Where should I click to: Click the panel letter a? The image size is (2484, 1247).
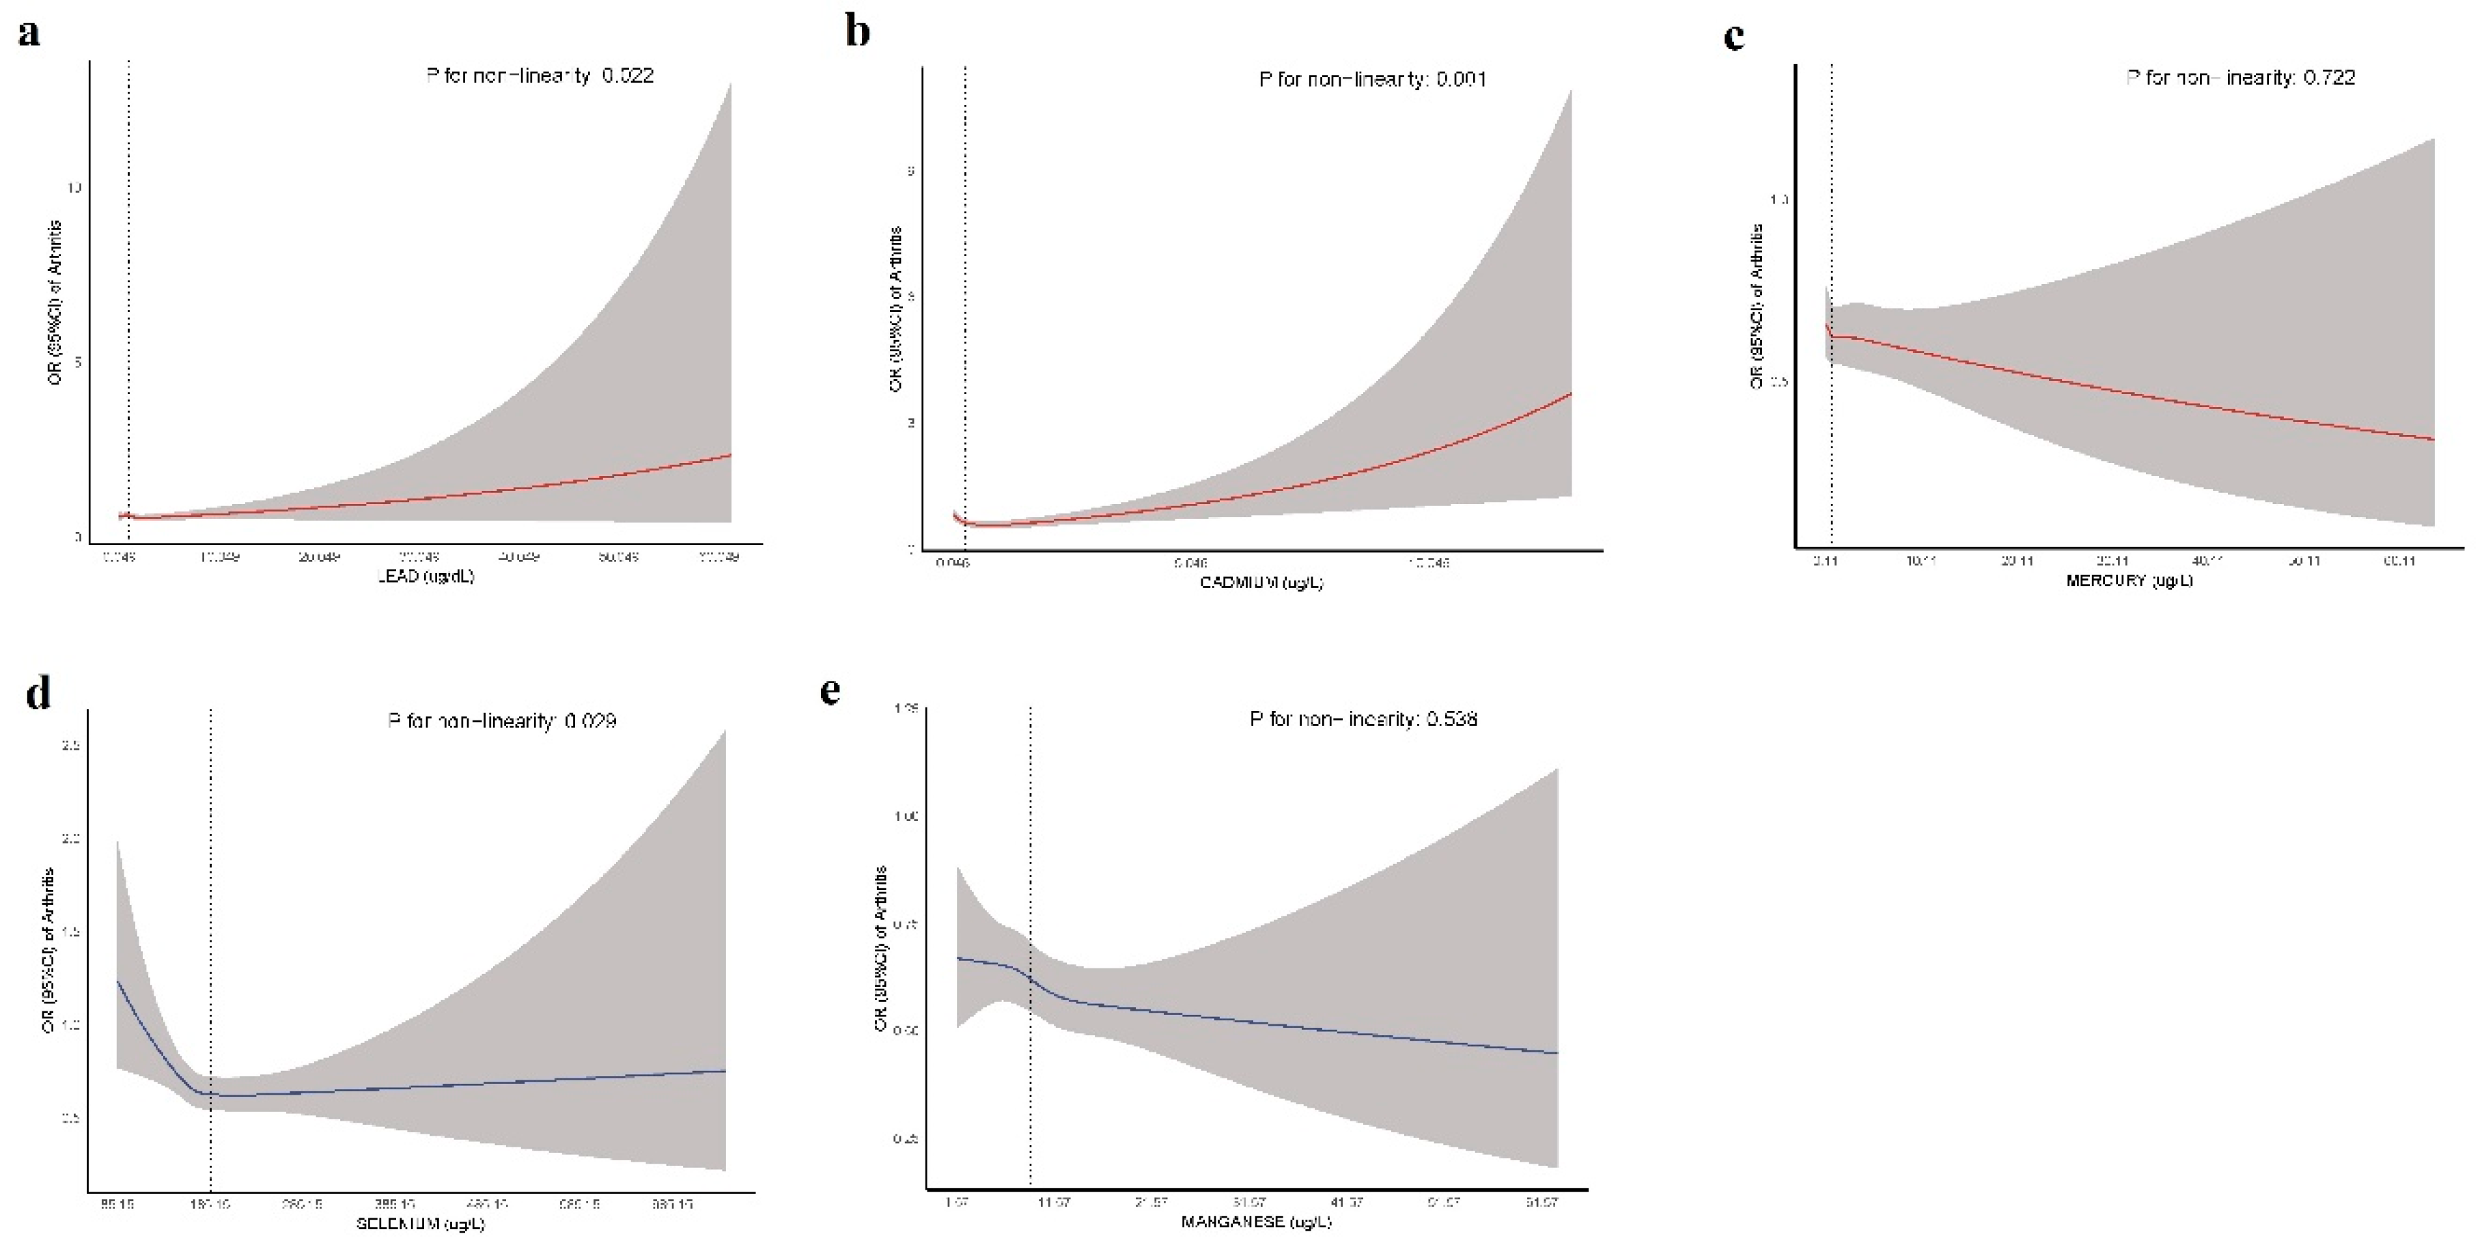point(29,33)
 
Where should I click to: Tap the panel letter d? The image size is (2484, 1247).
point(38,692)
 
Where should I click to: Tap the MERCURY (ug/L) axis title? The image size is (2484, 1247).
point(2129,580)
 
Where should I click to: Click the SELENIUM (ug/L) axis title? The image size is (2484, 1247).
point(421,1224)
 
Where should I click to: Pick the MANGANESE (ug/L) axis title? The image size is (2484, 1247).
point(1257,1222)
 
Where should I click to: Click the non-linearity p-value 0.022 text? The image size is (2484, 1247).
point(628,75)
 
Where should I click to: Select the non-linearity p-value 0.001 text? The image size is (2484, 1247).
point(1461,79)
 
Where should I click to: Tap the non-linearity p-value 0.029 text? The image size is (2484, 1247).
point(590,720)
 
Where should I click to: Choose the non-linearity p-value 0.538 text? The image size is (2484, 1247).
point(1451,718)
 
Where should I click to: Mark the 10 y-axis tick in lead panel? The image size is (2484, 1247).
point(74,187)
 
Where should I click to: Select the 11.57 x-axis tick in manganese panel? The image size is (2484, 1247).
point(1053,1203)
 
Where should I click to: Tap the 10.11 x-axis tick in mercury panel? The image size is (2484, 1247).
point(1920,560)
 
